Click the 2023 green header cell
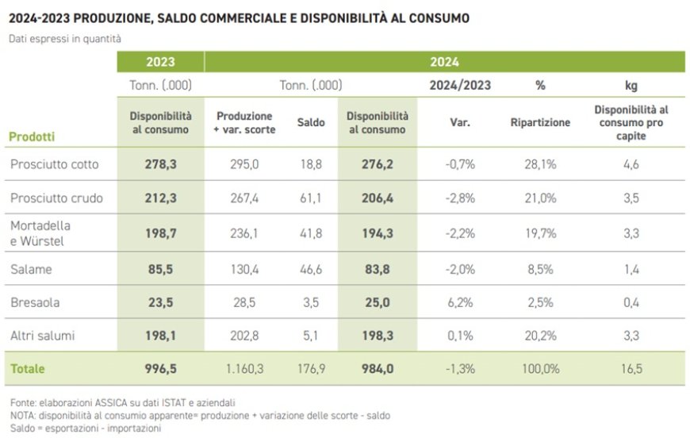160,62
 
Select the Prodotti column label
32,136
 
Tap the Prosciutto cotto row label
55,164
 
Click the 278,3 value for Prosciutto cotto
160,164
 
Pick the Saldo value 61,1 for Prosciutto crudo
311,198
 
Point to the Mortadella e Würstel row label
40,233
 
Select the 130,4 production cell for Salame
243,269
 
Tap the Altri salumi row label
43,336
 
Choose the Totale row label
27,369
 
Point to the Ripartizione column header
540,123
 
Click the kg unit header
631,86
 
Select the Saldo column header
311,123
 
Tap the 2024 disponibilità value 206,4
377,198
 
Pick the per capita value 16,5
631,369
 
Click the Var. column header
460,123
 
